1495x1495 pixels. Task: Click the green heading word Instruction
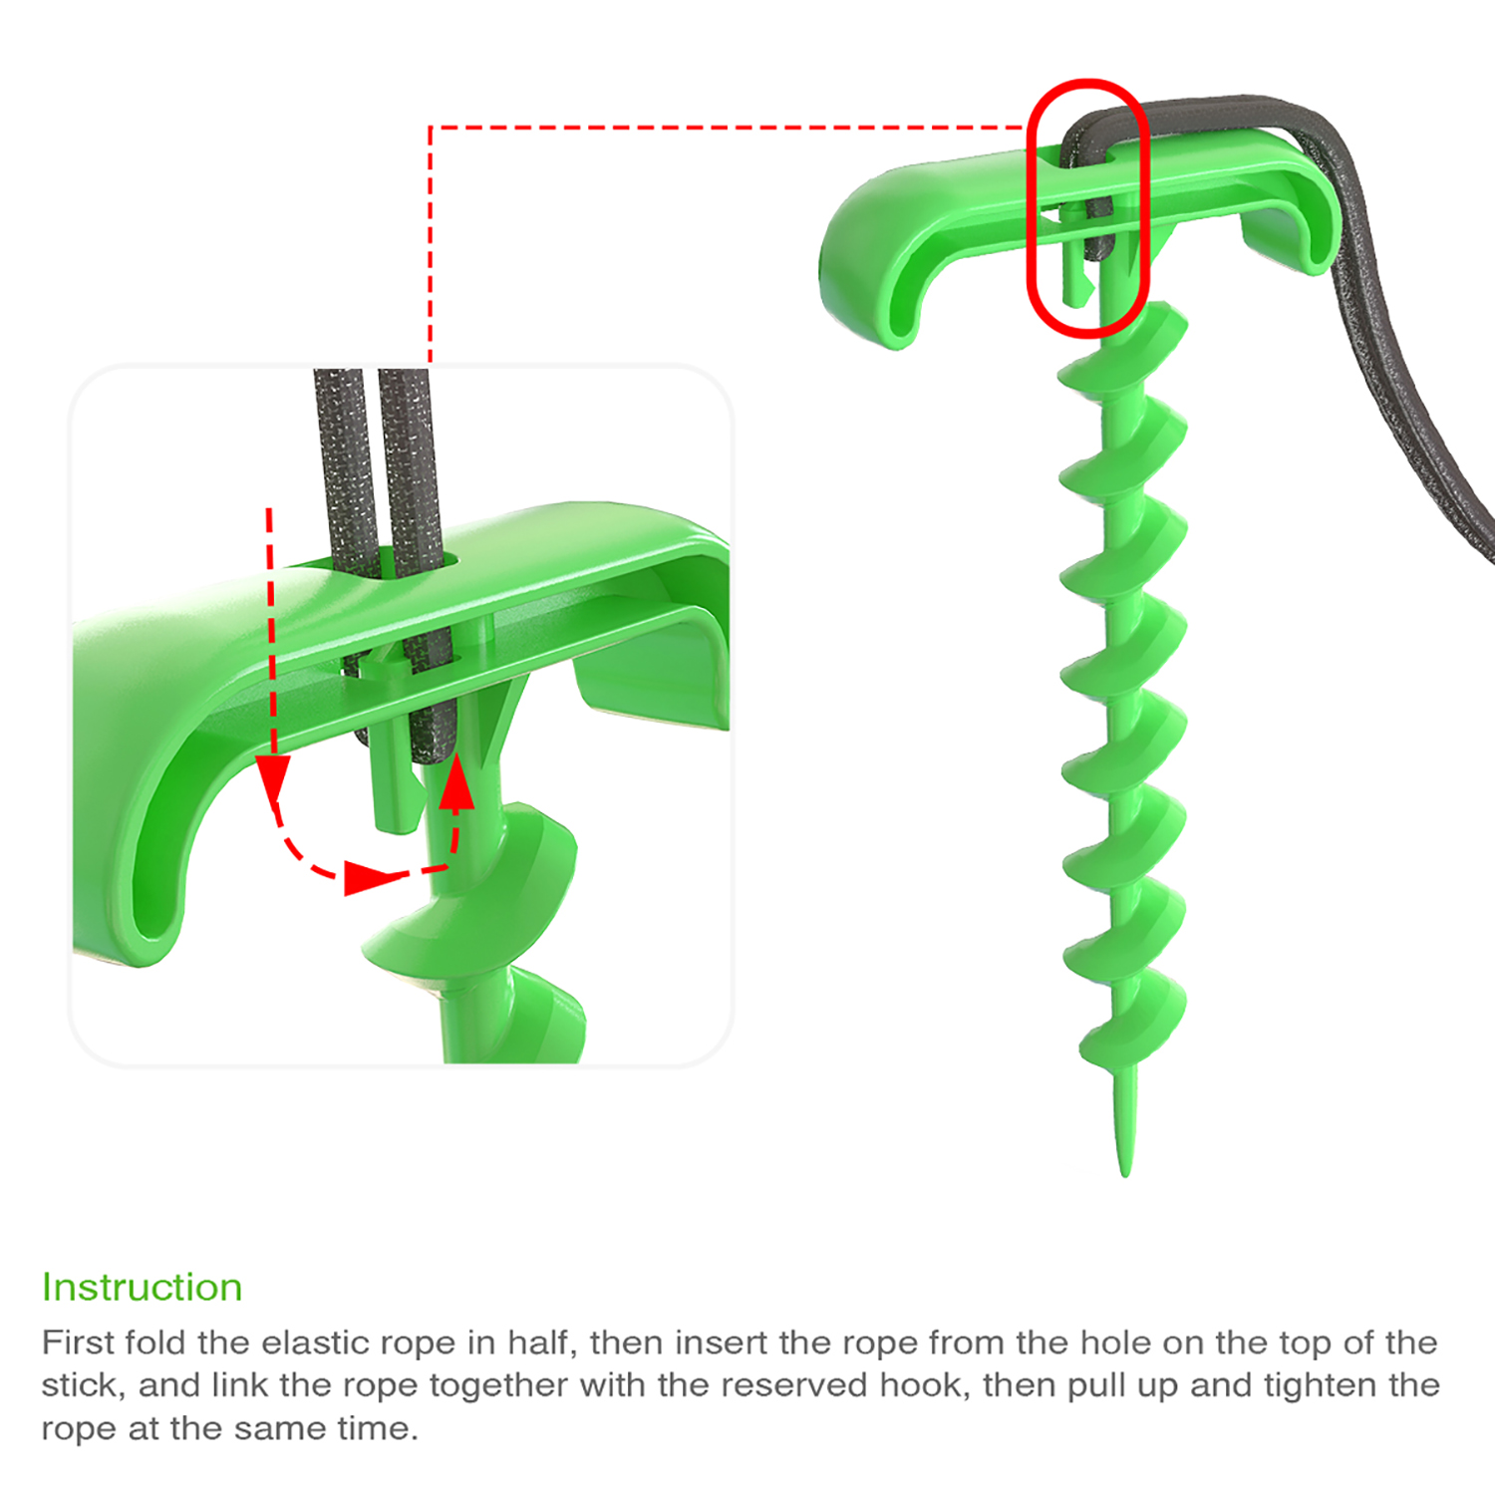[x=142, y=1287]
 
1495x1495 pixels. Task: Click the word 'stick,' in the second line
[x=84, y=1386]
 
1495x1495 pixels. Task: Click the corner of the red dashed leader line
[x=430, y=128]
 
